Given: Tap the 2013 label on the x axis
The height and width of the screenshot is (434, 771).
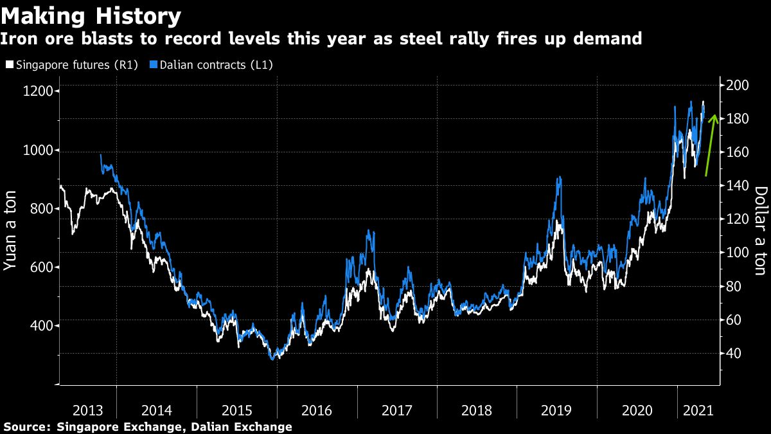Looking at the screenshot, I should pyautogui.click(x=87, y=411).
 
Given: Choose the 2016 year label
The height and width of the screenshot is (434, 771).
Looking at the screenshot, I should pyautogui.click(x=315, y=411).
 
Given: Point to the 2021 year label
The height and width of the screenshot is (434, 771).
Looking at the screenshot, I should pyautogui.click(x=698, y=411).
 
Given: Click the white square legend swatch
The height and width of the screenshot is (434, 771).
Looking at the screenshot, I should pyautogui.click(x=8, y=65).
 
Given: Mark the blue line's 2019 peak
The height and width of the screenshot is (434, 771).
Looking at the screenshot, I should pyautogui.click(x=560, y=177).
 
